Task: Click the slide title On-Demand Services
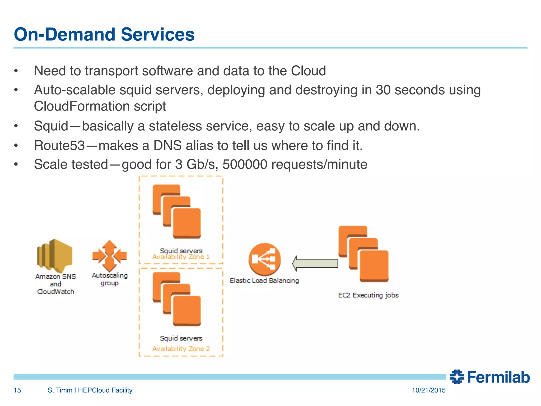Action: point(104,34)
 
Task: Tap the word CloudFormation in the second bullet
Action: point(81,106)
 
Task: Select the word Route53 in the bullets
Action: point(59,145)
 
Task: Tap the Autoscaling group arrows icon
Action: point(109,256)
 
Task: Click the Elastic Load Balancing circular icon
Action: point(264,259)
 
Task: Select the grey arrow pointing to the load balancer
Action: point(315,263)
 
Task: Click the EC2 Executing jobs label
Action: point(368,295)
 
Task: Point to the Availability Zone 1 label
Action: point(181,257)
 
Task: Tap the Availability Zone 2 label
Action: point(181,349)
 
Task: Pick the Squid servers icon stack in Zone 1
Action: point(177,211)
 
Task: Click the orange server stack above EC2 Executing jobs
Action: point(363,254)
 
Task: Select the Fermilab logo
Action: point(489,377)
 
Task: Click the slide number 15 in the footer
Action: point(17,390)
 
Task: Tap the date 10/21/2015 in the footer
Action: point(428,390)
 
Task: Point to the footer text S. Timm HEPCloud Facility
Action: point(90,390)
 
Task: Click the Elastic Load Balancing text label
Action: point(264,280)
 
